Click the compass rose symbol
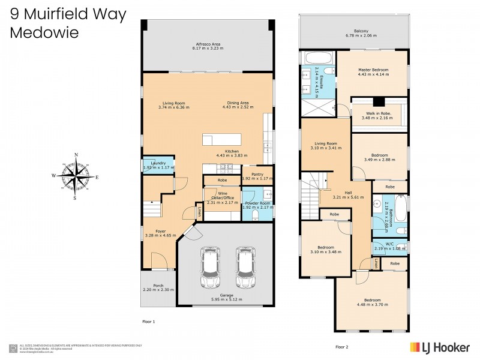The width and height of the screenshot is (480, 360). click(76, 176)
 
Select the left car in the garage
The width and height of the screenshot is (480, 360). click(211, 268)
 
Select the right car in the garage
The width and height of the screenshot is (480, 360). click(246, 268)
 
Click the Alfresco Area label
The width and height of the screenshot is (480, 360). click(208, 44)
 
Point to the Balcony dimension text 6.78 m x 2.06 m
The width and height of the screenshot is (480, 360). click(361, 35)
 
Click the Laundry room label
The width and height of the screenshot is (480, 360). click(158, 163)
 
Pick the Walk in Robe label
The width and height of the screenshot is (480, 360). click(377, 113)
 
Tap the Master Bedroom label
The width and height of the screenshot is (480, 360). click(373, 70)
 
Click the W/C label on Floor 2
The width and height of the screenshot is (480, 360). click(389, 244)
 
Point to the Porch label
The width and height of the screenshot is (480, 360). click(159, 285)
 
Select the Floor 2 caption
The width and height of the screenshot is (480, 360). click(342, 347)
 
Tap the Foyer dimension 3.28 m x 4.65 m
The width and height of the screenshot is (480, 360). click(160, 235)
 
